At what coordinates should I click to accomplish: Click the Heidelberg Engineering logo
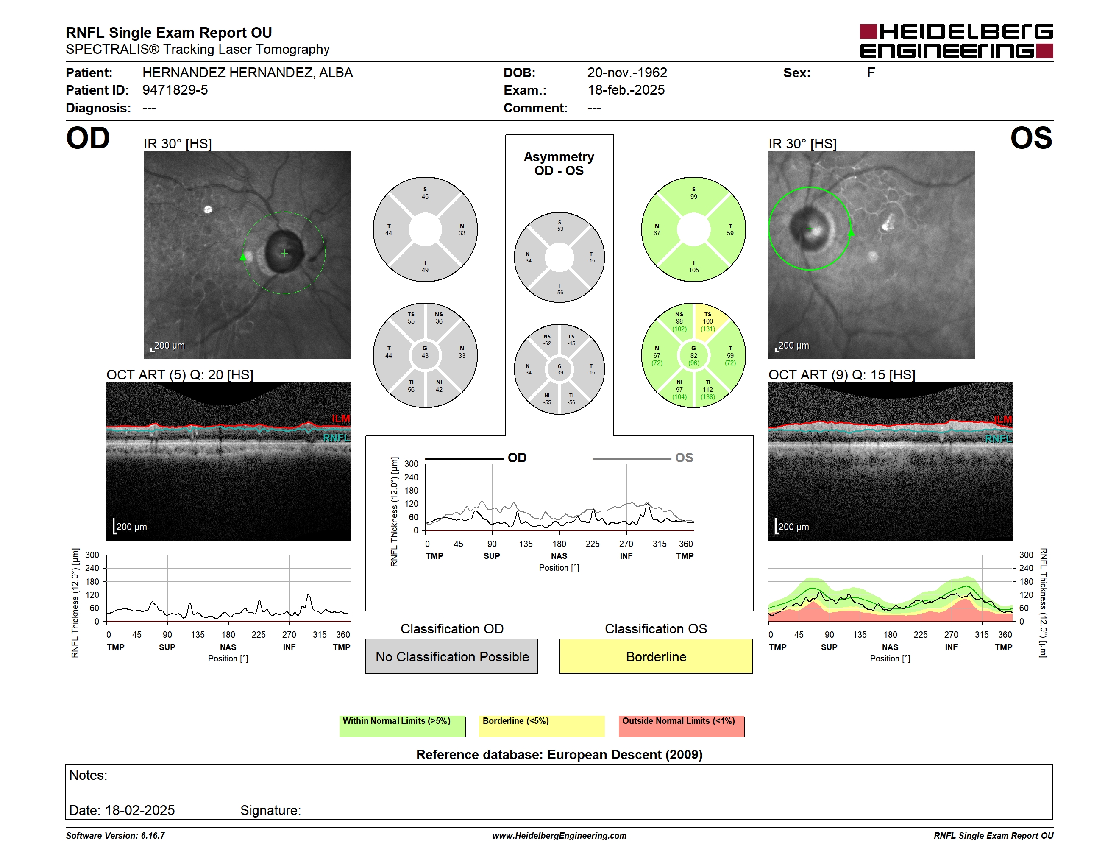[956, 41]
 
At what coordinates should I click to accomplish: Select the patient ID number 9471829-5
[175, 90]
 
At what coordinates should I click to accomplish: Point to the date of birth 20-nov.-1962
[627, 73]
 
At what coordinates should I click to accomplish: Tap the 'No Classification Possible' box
[452, 656]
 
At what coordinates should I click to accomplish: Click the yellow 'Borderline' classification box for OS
[656, 656]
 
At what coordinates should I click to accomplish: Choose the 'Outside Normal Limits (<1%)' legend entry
[682, 726]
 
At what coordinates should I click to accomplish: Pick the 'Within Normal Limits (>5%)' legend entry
[402, 726]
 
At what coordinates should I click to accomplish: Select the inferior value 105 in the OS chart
[694, 270]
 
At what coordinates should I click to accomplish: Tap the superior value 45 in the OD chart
[425, 196]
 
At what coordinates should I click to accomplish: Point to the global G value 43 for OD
[425, 355]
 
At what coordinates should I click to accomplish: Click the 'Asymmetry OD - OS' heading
[559, 164]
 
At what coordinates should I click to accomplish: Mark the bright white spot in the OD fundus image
[208, 209]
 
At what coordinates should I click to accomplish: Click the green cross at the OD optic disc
[284, 253]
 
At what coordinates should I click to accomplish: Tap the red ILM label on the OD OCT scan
[341, 419]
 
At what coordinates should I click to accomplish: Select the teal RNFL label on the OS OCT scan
[999, 439]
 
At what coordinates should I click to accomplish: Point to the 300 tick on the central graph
[412, 464]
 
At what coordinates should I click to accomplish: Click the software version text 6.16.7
[153, 836]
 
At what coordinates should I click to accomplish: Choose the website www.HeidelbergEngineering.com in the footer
[559, 836]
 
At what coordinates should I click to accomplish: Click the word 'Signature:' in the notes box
[270, 810]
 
